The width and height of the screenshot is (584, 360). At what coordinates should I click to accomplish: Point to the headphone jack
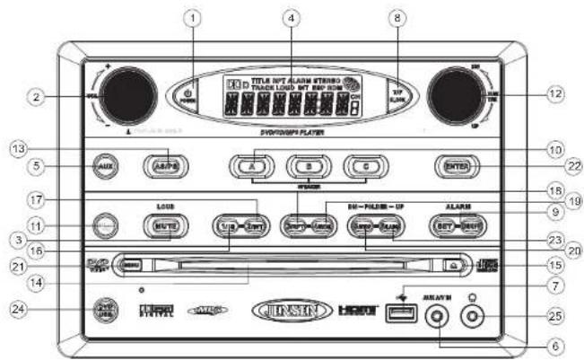[x=470, y=315]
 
